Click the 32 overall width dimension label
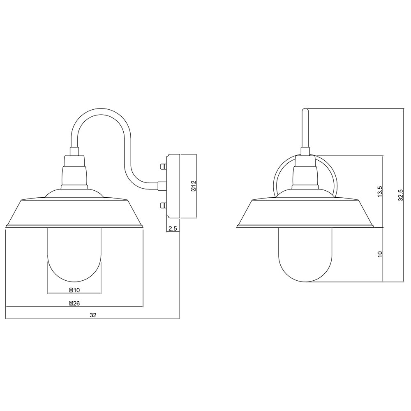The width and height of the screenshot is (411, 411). pyautogui.click(x=93, y=315)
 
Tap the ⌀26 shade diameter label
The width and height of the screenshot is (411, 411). pyautogui.click(x=74, y=304)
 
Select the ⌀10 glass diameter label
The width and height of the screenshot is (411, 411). pyautogui.click(x=74, y=290)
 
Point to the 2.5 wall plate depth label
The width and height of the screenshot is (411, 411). pyautogui.click(x=173, y=229)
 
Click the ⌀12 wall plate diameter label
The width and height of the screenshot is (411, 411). pyautogui.click(x=194, y=186)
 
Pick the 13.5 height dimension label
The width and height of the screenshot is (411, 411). pyautogui.click(x=380, y=192)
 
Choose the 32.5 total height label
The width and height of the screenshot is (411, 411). pyautogui.click(x=400, y=195)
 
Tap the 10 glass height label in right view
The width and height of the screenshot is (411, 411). pyautogui.click(x=380, y=254)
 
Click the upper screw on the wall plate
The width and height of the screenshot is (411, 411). pyautogui.click(x=163, y=166)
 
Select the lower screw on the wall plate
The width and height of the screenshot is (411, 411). pyautogui.click(x=163, y=205)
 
